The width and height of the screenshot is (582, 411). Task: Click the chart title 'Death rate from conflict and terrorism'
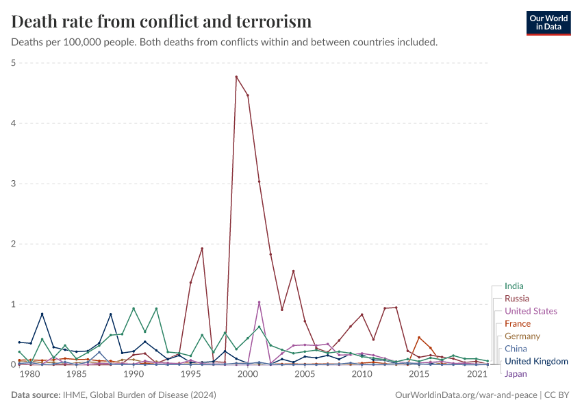pos(162,22)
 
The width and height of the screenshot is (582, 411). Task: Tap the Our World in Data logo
pos(548,22)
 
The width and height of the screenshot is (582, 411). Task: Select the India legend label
pos(514,286)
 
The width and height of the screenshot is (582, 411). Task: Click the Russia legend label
pos(516,299)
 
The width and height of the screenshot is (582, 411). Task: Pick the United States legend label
pos(531,311)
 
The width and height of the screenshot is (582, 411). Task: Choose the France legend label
pos(517,323)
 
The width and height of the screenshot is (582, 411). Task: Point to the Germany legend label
pos(522,336)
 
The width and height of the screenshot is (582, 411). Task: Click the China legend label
pos(516,349)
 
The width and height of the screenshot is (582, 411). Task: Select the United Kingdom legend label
pos(536,361)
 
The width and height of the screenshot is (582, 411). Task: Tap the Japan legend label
pos(516,374)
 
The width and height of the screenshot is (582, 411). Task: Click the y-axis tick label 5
pos(14,63)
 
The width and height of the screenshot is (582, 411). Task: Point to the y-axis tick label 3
pos(14,184)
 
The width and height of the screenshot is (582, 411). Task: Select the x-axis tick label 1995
pos(190,375)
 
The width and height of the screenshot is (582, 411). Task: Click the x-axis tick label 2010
pos(362,375)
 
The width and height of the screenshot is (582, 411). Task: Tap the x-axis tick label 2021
pos(476,375)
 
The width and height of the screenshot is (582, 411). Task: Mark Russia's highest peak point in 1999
pos(236,77)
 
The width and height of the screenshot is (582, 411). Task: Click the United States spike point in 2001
pos(259,302)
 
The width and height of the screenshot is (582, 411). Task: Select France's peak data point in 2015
pos(419,337)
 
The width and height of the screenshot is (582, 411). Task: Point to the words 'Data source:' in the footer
pos(35,395)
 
